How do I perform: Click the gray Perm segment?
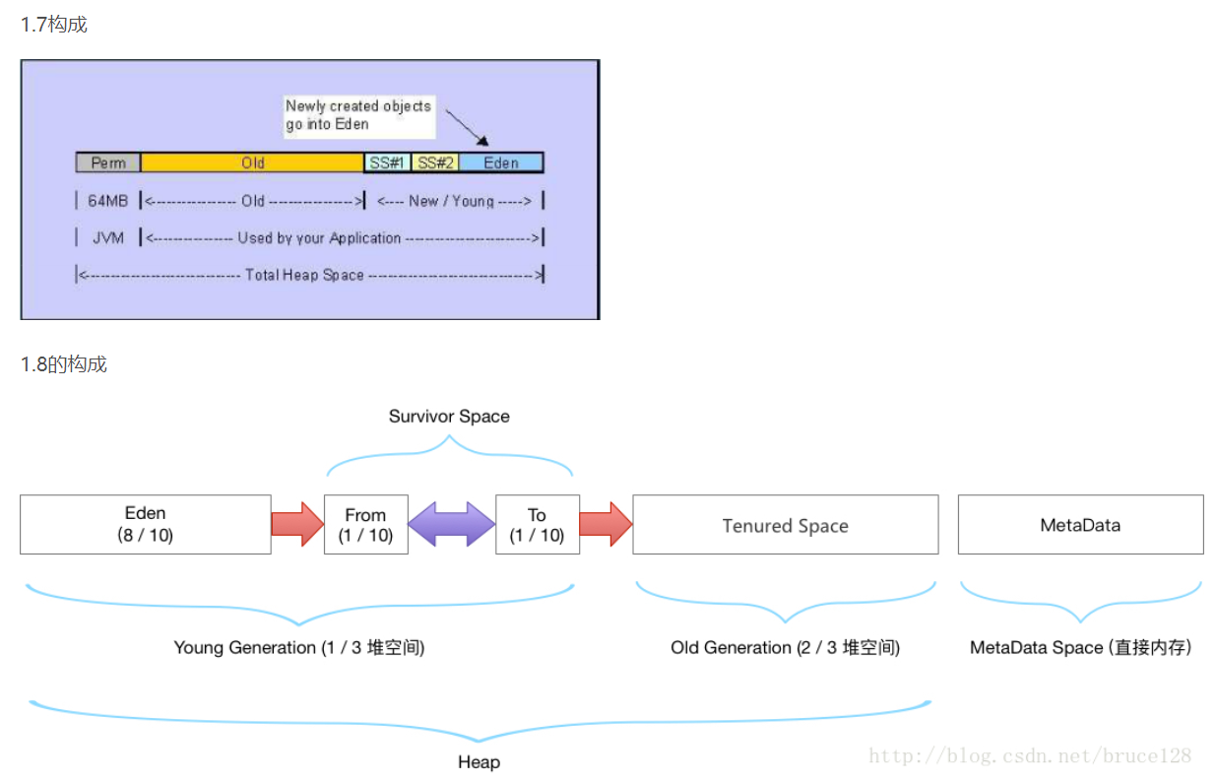pyautogui.click(x=108, y=163)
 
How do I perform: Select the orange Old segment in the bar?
pyautogui.click(x=252, y=163)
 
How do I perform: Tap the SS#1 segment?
pyautogui.click(x=387, y=163)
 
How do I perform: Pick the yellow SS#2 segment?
pyautogui.click(x=434, y=163)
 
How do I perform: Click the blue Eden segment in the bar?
pyautogui.click(x=500, y=163)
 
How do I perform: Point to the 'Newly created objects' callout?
pyautogui.click(x=357, y=115)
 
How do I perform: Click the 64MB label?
pyautogui.click(x=107, y=201)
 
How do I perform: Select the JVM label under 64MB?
pyautogui.click(x=108, y=238)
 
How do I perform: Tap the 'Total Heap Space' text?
pyautogui.click(x=304, y=276)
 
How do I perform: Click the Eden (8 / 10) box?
pyautogui.click(x=145, y=524)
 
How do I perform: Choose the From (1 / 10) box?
pyautogui.click(x=365, y=525)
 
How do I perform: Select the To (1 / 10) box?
pyautogui.click(x=537, y=525)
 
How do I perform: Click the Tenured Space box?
pyautogui.click(x=785, y=525)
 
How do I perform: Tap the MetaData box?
pyautogui.click(x=1080, y=525)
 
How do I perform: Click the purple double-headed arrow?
pyautogui.click(x=452, y=524)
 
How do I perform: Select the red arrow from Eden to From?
pyautogui.click(x=297, y=524)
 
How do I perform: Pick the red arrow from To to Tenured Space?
pyautogui.click(x=606, y=524)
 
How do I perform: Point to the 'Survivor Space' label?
pyautogui.click(x=449, y=417)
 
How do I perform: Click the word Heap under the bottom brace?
pyautogui.click(x=479, y=762)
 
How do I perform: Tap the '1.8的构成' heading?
pyautogui.click(x=64, y=364)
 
